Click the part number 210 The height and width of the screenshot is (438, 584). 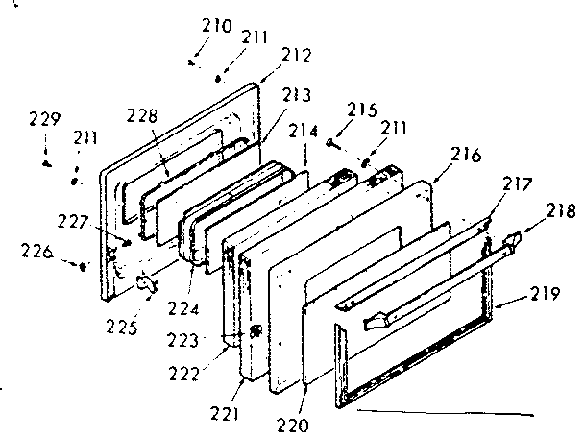(x=217, y=27)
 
